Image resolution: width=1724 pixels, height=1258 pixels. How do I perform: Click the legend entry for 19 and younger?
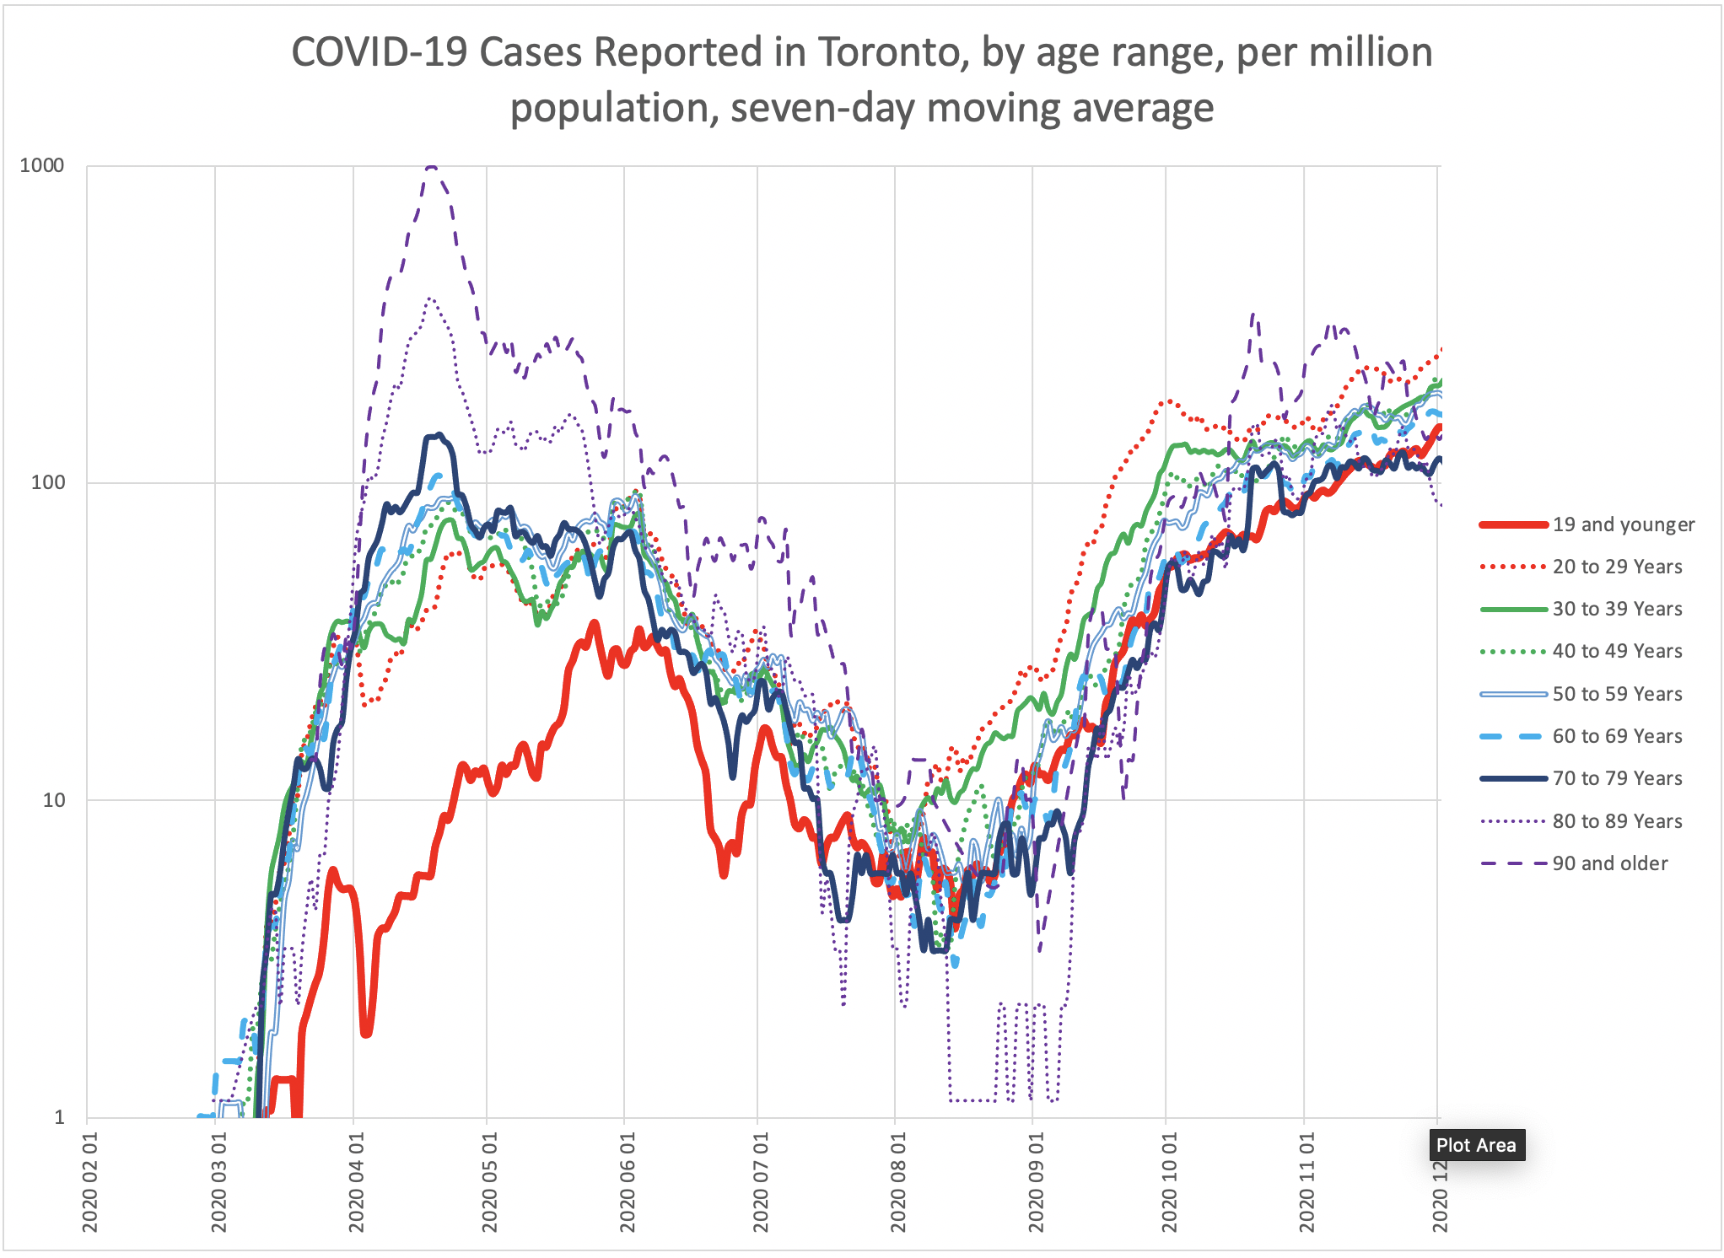1623,524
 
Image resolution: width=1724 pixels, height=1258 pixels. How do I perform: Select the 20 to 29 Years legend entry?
1617,567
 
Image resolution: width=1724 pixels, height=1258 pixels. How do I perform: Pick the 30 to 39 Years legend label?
1617,609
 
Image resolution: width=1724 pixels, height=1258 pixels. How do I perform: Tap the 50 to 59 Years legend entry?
1617,694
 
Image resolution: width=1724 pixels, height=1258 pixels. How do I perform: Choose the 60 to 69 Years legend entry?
1617,736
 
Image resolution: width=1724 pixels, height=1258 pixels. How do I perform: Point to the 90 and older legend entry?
1609,863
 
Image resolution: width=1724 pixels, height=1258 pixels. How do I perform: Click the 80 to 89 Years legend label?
1617,821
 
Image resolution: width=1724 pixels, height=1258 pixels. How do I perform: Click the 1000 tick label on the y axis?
42,165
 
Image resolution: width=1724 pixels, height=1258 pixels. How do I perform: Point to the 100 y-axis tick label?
47,482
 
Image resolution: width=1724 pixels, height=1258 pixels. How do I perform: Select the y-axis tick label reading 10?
53,800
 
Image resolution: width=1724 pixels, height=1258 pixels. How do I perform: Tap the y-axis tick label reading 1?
59,1117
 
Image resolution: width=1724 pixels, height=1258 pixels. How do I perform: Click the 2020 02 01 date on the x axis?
89,1182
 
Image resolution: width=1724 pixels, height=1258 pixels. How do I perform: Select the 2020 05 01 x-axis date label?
489,1182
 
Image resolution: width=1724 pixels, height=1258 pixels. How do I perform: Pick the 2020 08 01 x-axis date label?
897,1182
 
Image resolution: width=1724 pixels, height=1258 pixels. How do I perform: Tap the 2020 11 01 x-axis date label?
1306,1182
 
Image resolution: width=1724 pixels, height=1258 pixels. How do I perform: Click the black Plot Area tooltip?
1476,1145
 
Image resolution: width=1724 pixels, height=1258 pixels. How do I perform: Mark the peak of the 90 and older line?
431,166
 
